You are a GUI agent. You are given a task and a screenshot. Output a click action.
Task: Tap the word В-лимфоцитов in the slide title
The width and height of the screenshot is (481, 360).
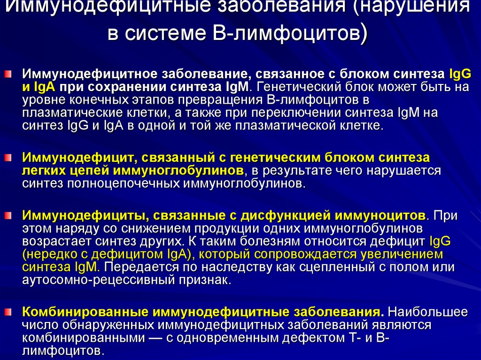tap(289, 33)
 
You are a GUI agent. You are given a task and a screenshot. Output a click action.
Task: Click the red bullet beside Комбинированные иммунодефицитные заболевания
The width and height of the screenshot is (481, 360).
tap(8, 312)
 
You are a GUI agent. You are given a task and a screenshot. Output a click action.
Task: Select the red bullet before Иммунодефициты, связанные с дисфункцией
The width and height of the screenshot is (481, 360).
tap(8, 215)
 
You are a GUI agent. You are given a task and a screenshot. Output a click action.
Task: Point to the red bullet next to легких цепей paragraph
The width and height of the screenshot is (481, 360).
tap(8, 158)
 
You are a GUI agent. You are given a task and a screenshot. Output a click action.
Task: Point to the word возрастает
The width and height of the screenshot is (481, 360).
tap(56, 242)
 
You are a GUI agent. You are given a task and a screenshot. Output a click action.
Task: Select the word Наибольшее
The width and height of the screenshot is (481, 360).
tap(428, 312)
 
